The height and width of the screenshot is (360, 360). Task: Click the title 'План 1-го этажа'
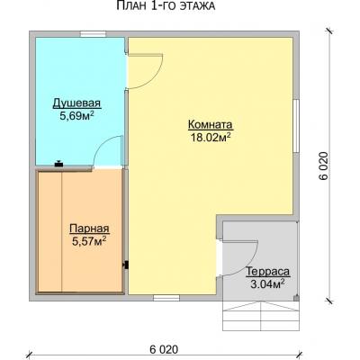[166, 6]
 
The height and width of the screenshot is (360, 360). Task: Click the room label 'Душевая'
[76, 103]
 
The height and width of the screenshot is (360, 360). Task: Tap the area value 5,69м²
[76, 115]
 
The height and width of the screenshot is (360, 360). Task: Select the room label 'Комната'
[211, 124]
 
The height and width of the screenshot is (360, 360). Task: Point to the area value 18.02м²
[211, 137]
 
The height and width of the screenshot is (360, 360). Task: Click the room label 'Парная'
[89, 229]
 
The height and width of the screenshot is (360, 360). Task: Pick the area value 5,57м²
[89, 240]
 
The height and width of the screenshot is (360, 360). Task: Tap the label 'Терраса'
[268, 272]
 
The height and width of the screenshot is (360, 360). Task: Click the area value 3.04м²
[268, 283]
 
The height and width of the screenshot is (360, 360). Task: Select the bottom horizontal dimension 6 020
[164, 349]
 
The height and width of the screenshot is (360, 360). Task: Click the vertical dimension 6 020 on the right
[324, 166]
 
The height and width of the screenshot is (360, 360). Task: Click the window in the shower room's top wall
[93, 34]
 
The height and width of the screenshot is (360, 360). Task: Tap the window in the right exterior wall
[296, 126]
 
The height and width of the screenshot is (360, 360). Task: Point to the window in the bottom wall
[166, 298]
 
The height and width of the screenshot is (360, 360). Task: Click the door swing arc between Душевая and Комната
[155, 78]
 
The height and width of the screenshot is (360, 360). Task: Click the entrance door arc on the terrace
[249, 264]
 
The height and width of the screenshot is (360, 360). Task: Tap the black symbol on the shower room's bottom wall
[58, 164]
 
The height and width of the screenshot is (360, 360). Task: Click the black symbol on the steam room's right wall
[126, 265]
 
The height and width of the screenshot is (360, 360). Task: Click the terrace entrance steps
[261, 316]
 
